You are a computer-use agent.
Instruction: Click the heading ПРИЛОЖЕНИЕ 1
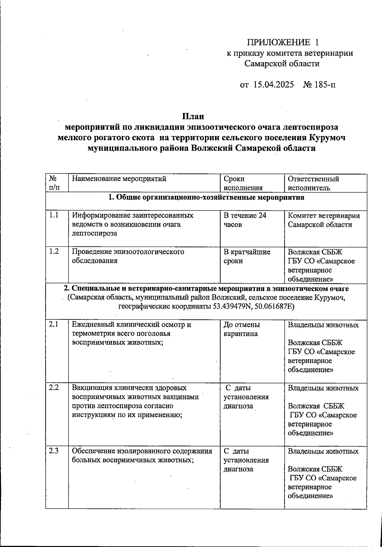tap(283, 42)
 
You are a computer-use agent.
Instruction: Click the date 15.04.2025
tap(273, 85)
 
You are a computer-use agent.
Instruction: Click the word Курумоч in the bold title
tap(327, 138)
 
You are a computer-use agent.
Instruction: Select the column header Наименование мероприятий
tap(119, 179)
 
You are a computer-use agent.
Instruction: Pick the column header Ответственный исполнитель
tap(313, 183)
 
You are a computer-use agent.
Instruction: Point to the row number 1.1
tap(54, 215)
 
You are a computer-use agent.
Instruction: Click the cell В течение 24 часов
tap(244, 220)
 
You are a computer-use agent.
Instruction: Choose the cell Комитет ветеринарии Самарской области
tap(323, 220)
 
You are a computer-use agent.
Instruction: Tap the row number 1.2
tap(54, 251)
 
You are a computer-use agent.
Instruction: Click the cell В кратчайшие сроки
tap(247, 256)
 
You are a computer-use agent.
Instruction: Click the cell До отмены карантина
tap(242, 329)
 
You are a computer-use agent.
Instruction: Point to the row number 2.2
tap(54, 388)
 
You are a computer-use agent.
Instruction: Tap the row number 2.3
tap(54, 451)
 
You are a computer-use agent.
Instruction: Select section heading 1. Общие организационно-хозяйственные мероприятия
tap(206, 197)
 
